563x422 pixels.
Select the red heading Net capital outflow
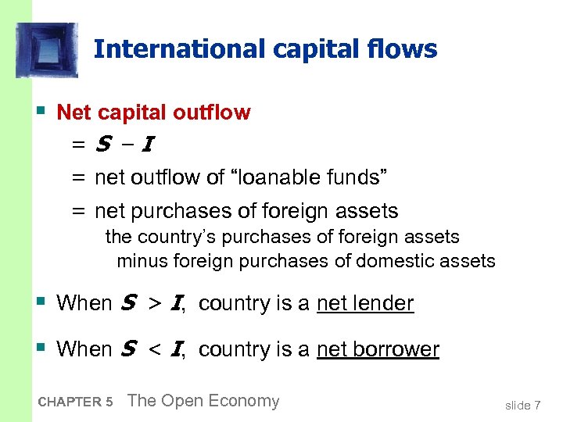click(x=154, y=113)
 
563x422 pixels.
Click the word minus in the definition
click(x=142, y=261)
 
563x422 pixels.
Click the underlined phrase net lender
click(x=365, y=303)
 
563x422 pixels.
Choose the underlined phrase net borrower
click(x=378, y=349)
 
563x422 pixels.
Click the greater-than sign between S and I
click(x=155, y=303)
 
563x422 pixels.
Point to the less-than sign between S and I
click(x=155, y=349)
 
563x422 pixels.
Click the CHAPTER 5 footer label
click(x=75, y=402)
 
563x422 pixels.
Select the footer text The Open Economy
click(x=203, y=401)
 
